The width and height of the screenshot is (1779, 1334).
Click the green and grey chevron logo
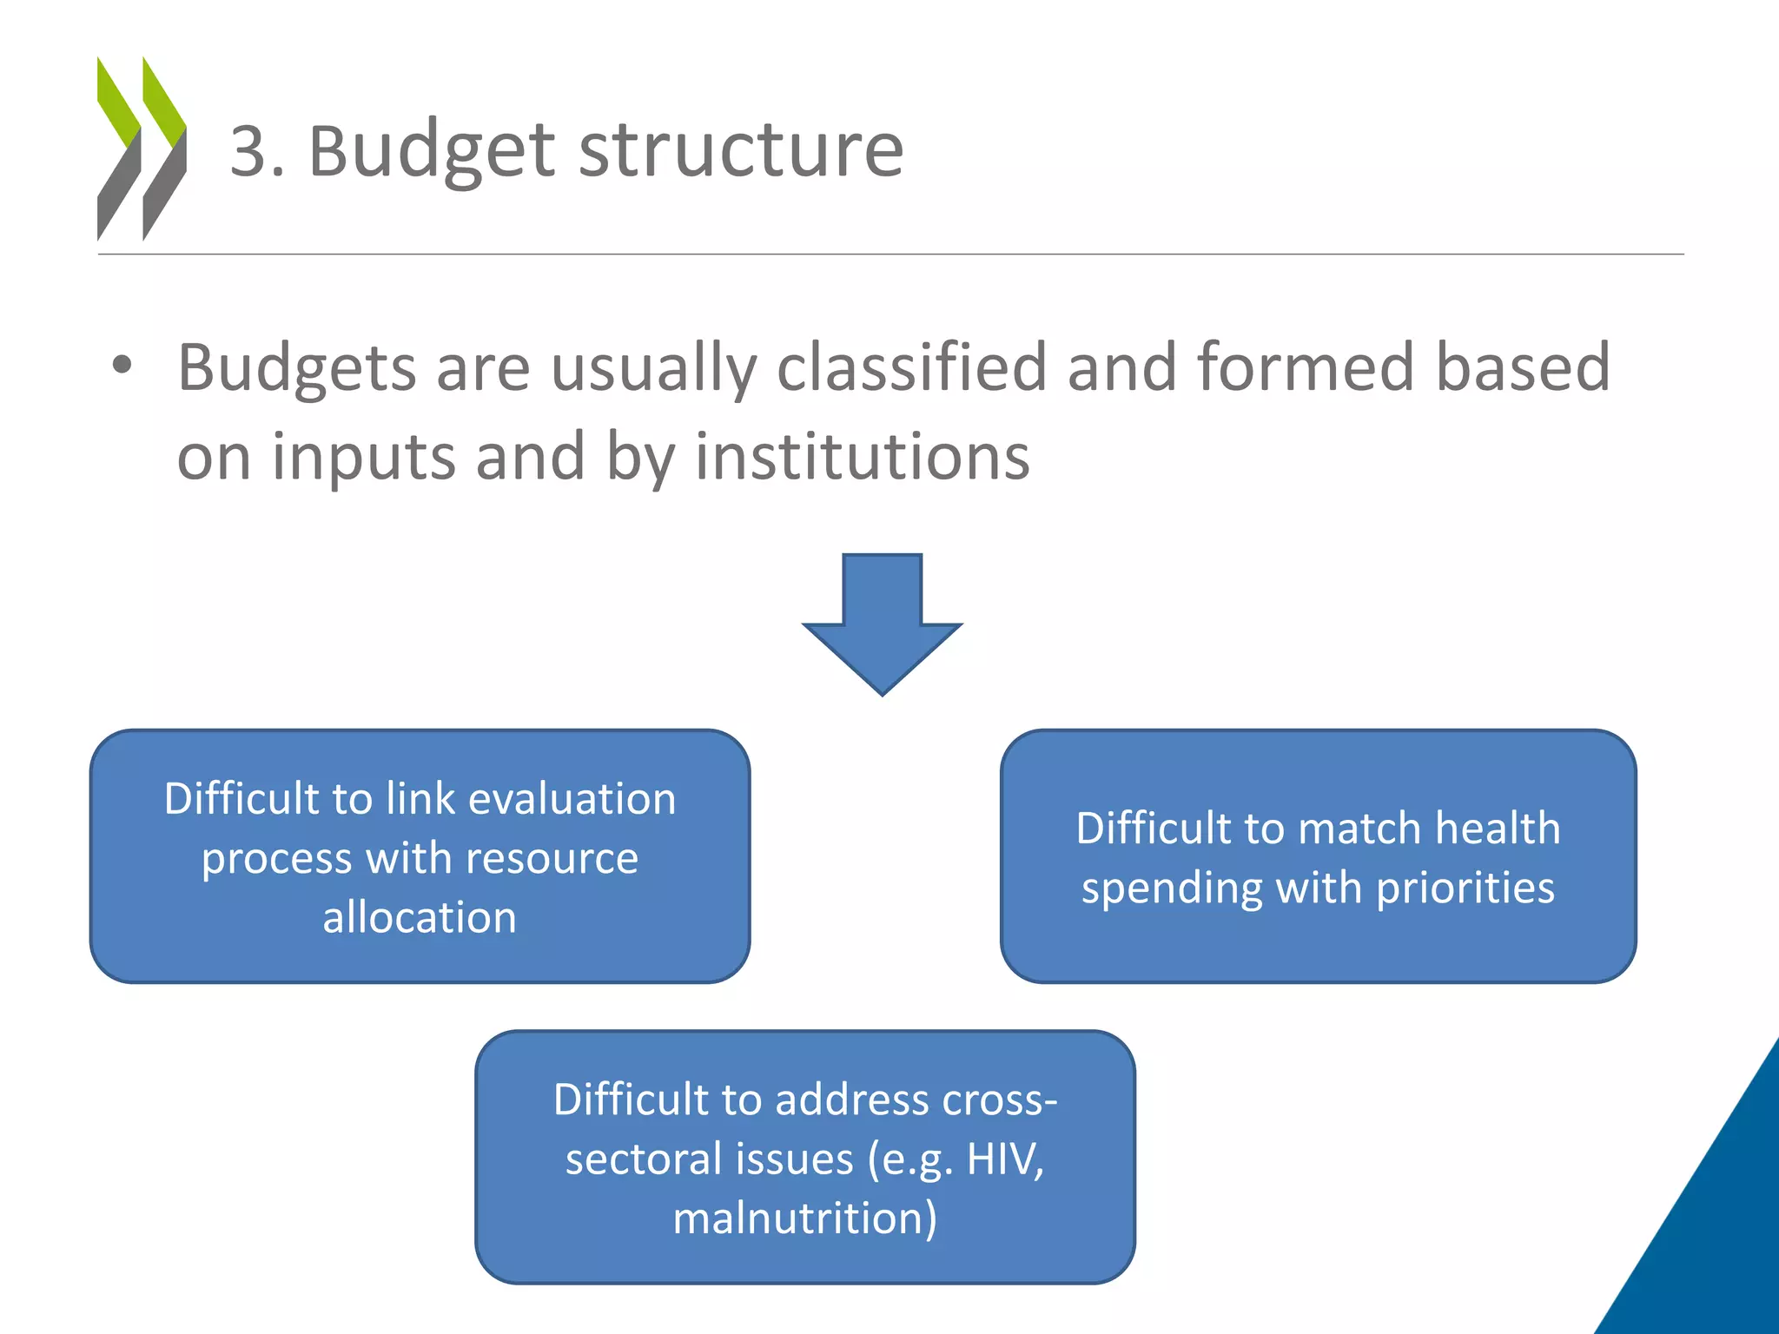tap(142, 149)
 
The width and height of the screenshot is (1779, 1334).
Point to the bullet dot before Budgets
tap(122, 365)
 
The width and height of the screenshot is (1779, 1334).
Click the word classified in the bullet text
tap(911, 368)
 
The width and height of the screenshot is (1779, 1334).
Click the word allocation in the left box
tap(420, 917)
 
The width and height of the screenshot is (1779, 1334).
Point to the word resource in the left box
tap(552, 858)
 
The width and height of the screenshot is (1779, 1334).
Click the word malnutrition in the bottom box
tap(804, 1218)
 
